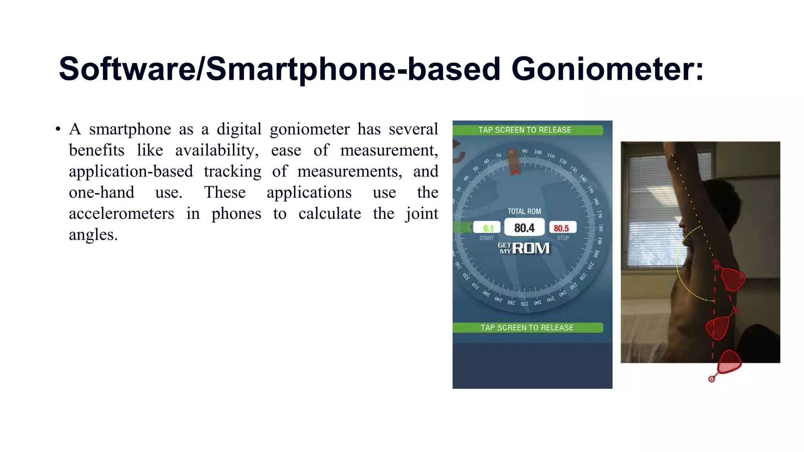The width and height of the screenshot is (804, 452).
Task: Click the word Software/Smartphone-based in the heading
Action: [279, 69]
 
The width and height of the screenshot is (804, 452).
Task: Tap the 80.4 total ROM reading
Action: [524, 228]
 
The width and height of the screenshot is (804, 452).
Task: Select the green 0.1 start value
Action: [488, 228]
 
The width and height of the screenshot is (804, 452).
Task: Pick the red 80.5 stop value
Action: [561, 228]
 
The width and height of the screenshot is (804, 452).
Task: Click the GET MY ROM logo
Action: [524, 248]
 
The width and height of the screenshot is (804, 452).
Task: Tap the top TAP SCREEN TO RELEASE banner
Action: [524, 130]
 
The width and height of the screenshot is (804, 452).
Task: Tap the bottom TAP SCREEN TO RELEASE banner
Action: [527, 328]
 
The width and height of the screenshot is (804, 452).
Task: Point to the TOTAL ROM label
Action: [524, 211]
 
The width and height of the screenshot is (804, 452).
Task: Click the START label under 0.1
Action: [486, 238]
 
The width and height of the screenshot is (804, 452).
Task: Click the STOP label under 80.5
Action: [563, 238]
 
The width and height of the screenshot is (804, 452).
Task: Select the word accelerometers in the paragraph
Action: [121, 214]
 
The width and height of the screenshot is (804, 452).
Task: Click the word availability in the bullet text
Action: [216, 150]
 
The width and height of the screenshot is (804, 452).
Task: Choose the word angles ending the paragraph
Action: [93, 235]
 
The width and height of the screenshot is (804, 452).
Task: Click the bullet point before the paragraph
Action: [58, 129]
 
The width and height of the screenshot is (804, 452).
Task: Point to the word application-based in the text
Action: [131, 171]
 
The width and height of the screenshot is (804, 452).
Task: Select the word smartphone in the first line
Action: [130, 129]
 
